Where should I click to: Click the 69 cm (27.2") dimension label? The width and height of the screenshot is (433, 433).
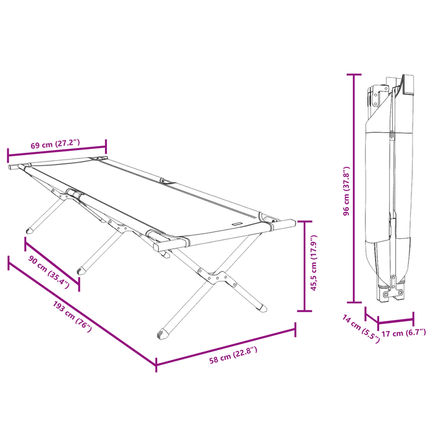point(55,144)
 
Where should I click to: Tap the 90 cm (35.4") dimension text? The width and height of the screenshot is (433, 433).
point(49,272)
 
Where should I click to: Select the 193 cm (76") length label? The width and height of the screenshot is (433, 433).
point(72,317)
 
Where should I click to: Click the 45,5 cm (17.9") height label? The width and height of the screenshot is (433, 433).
point(314,263)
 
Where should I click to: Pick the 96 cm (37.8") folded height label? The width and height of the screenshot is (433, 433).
point(346,191)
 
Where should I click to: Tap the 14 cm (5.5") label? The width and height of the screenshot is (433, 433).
point(361,328)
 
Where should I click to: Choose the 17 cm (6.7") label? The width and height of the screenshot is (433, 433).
point(403,333)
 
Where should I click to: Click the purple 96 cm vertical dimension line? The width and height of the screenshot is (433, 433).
point(354,188)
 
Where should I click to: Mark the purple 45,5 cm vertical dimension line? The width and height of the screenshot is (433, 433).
point(304,266)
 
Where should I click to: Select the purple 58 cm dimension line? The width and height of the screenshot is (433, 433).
point(226,347)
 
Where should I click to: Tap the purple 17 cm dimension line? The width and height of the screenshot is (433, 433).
point(396,321)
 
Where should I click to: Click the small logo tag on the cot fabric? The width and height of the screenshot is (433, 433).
point(237,224)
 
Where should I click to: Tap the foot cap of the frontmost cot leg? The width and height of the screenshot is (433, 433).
point(162,334)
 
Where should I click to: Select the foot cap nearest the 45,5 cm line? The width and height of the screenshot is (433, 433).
point(262,308)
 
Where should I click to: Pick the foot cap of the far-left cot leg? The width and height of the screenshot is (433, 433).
point(30,231)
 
